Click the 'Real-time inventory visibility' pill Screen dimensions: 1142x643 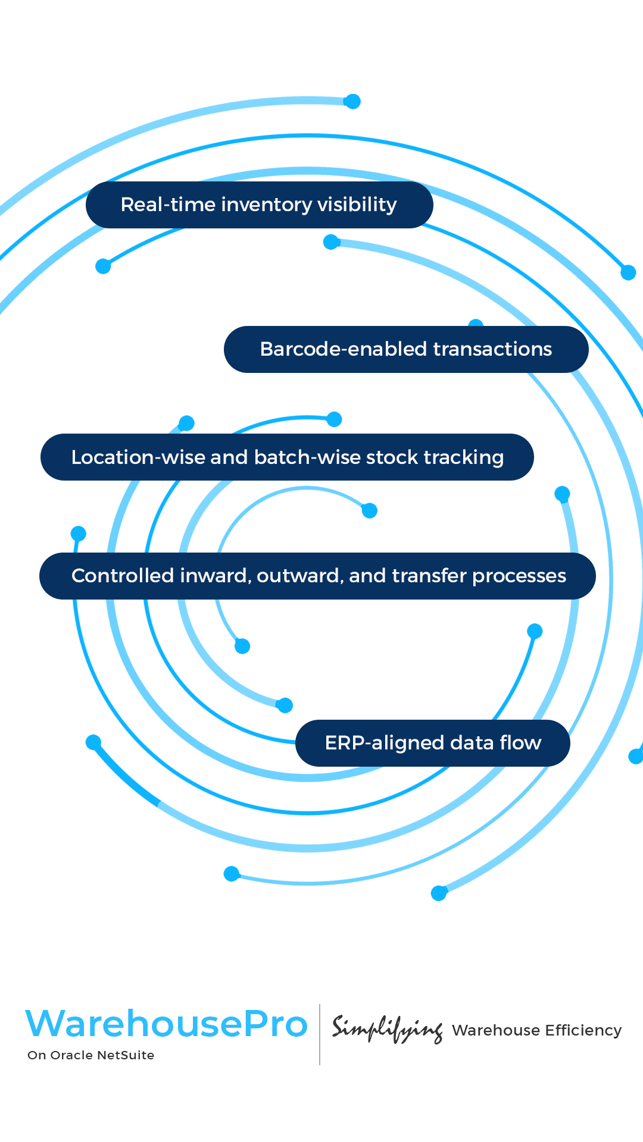[x=259, y=205]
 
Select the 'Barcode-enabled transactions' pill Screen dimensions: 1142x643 [x=406, y=349]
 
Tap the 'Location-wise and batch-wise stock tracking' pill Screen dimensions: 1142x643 [x=287, y=457]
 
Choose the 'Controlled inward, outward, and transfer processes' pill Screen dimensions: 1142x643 [x=317, y=576]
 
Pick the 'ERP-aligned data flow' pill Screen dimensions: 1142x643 [x=433, y=743]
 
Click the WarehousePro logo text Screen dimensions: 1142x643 [x=166, y=1024]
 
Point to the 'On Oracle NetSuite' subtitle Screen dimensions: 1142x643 [x=90, y=1055]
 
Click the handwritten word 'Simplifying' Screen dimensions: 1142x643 [x=387, y=1029]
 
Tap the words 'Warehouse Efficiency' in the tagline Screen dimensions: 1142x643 [x=536, y=1030]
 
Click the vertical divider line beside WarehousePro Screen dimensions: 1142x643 [x=320, y=1034]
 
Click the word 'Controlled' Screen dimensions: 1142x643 [x=123, y=576]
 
